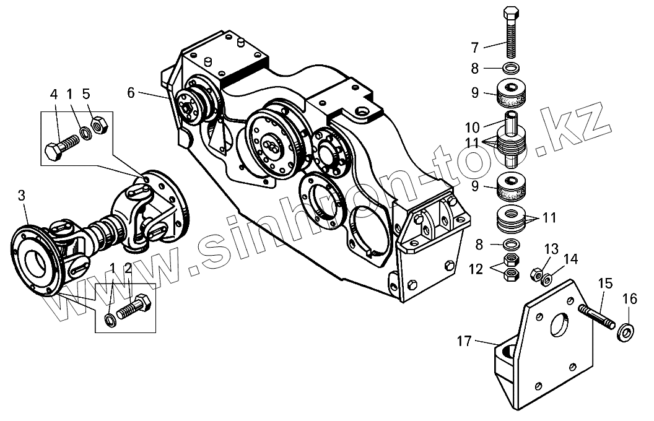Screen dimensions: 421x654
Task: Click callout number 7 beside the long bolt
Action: (475, 46)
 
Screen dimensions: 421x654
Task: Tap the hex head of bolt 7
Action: (511, 14)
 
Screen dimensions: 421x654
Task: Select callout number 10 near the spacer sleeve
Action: (473, 128)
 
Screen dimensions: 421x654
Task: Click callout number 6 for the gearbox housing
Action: (131, 93)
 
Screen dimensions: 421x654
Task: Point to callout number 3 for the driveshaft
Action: (22, 196)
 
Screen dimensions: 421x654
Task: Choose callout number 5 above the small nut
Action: (86, 94)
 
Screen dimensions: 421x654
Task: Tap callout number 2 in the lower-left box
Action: (128, 268)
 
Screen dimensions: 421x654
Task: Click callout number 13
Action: (551, 249)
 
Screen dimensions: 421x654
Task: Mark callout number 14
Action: (571, 258)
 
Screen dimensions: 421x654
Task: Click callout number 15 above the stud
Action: (605, 284)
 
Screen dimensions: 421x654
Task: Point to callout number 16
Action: (629, 299)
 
